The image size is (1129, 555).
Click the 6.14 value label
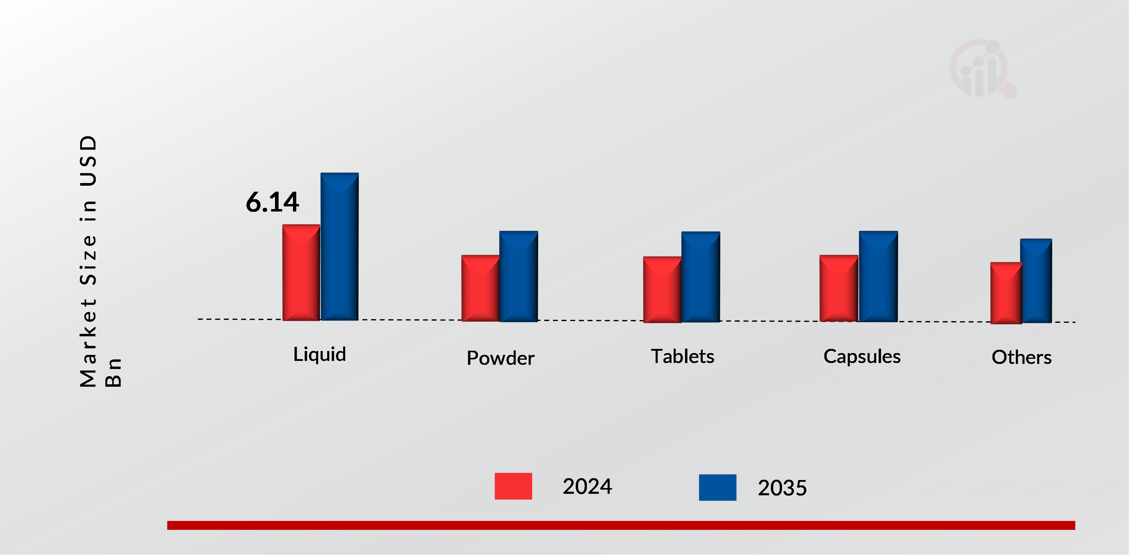coord(272,202)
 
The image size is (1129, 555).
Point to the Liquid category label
coord(319,354)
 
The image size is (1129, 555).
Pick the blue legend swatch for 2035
coord(717,487)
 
